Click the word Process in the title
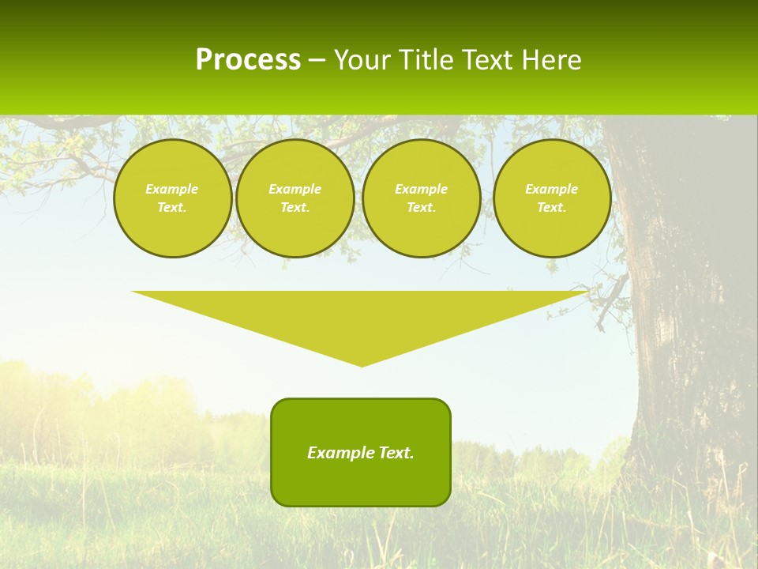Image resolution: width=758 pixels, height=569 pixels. pos(248,60)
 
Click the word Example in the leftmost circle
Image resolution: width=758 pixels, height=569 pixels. pos(172,189)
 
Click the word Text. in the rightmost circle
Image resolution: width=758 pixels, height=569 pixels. pos(552,207)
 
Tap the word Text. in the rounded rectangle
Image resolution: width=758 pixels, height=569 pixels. pos(396,453)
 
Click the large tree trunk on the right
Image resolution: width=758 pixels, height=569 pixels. pos(679,316)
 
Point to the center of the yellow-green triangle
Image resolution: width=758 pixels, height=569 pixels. pos(361,316)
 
